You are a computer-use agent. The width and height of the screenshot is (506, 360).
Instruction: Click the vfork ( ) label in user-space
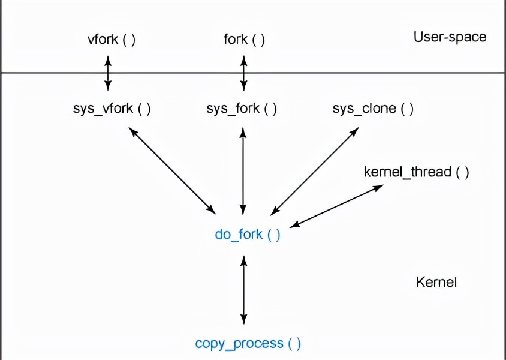[x=112, y=40]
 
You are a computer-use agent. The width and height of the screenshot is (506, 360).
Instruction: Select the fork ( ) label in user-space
[x=244, y=40]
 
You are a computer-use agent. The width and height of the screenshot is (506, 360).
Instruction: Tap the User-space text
[x=450, y=37]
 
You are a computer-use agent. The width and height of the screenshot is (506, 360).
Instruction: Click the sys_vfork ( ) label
[x=112, y=109]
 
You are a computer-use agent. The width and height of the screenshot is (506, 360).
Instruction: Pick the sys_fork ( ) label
[x=242, y=109]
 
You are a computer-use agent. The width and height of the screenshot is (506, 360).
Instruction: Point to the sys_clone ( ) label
[x=373, y=109]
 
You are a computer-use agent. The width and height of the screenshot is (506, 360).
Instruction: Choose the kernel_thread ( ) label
[x=416, y=172]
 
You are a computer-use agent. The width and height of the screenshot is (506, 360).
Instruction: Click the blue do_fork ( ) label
[x=248, y=234]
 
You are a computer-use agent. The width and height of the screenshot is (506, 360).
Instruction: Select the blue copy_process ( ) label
[x=248, y=343]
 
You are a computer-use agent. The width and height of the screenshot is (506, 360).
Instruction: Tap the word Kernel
[x=436, y=282]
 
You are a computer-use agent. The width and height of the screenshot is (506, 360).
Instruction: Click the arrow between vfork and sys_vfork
[x=108, y=73]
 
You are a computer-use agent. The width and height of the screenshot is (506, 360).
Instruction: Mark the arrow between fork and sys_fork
[x=243, y=73]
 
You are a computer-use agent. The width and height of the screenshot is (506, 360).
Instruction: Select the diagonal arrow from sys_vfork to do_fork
[x=173, y=170]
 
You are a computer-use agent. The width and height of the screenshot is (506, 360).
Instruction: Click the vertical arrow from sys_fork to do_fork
[x=243, y=170]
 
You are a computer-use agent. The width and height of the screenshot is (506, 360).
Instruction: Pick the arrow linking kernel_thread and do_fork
[x=337, y=206]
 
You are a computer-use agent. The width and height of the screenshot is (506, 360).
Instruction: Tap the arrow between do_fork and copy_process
[x=243, y=289]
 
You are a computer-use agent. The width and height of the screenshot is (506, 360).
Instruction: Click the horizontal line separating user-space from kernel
[x=360, y=73]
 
